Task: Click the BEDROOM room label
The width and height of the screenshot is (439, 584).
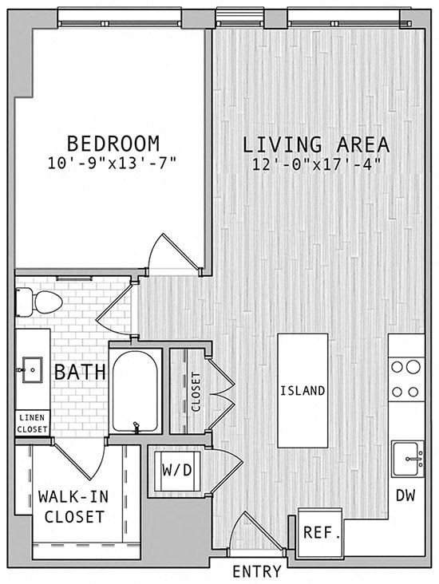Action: (x=113, y=144)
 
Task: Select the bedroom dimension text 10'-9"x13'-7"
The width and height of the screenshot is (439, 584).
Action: (x=113, y=163)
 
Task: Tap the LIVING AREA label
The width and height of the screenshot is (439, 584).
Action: (x=316, y=145)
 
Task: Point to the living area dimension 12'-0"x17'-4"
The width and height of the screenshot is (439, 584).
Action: (x=316, y=164)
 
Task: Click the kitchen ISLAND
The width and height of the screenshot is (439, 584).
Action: (x=303, y=390)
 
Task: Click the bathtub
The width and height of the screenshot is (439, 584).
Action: (x=135, y=391)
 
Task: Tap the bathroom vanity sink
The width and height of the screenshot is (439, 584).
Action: (x=32, y=369)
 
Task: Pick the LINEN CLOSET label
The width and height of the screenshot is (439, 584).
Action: (x=32, y=423)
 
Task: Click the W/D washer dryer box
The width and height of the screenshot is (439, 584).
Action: (x=177, y=469)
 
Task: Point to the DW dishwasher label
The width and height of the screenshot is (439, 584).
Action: (x=405, y=495)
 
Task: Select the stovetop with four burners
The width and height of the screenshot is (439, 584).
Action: (x=406, y=379)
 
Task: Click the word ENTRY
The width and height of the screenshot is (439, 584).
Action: (x=256, y=571)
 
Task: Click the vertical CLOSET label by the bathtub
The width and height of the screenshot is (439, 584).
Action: (x=196, y=391)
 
